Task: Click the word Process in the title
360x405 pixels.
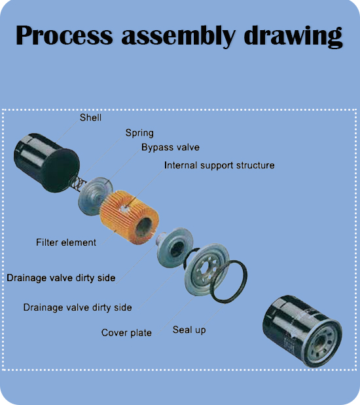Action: tap(64, 35)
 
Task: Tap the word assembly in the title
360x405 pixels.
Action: tap(178, 36)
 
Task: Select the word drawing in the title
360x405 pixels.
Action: tap(293, 37)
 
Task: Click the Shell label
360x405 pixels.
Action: tap(90, 117)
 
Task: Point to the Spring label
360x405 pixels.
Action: tap(139, 133)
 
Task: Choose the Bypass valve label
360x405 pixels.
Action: tap(170, 147)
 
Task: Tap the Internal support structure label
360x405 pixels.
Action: tap(219, 165)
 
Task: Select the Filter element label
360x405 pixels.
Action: tap(66, 242)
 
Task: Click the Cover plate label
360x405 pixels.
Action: tap(126, 333)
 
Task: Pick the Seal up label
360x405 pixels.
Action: tap(189, 330)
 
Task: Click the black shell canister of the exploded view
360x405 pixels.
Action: tap(46, 163)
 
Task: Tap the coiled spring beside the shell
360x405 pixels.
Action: tap(79, 183)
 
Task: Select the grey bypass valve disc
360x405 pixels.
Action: tap(95, 196)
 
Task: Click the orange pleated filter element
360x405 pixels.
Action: tap(129, 218)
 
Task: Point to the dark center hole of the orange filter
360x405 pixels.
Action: tap(144, 227)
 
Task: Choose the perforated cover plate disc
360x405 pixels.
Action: tap(207, 269)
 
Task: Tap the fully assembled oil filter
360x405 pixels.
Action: tap(302, 331)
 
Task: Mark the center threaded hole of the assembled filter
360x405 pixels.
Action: tap(321, 343)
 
